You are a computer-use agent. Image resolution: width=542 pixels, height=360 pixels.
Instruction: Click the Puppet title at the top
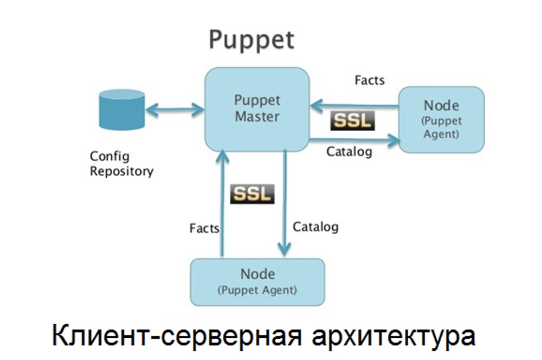(251, 41)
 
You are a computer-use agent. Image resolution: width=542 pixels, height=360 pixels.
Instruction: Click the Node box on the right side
(441, 119)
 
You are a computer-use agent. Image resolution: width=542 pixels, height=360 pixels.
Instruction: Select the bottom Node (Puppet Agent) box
(257, 282)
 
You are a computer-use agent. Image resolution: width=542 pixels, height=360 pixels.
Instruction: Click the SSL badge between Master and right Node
(353, 120)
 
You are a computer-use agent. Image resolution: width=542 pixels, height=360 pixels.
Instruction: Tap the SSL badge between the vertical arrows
(252, 194)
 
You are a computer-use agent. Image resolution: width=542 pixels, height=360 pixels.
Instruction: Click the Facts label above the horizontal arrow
(370, 80)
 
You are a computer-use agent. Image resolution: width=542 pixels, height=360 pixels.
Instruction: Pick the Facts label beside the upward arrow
(204, 228)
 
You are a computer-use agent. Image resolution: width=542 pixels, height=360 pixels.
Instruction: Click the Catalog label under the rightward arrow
(349, 152)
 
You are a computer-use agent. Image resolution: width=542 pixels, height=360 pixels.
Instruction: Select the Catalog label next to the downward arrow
(315, 226)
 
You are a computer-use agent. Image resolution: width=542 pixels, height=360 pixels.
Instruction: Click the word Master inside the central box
(257, 116)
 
